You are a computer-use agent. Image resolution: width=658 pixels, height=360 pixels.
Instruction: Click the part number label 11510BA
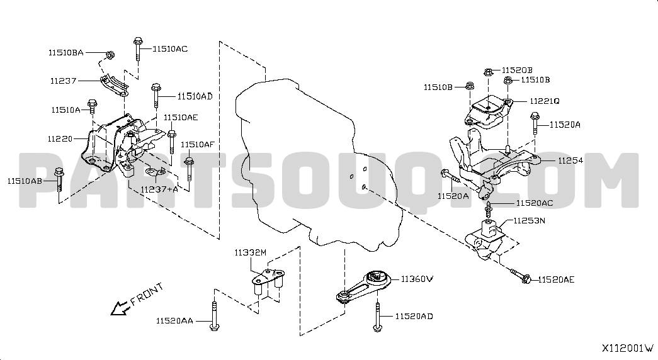point(66,52)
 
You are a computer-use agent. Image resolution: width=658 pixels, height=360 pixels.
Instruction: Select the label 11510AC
point(170,48)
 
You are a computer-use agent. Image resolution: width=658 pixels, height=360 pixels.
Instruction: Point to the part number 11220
point(60,138)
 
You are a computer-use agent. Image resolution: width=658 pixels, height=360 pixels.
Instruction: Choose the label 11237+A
point(159,189)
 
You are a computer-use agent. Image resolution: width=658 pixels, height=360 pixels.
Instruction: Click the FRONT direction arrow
point(120,308)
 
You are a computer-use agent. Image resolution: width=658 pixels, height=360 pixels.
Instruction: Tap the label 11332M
point(251,252)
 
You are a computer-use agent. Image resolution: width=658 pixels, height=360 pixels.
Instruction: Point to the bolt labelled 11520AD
point(377,317)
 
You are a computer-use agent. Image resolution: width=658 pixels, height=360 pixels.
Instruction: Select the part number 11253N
point(529,220)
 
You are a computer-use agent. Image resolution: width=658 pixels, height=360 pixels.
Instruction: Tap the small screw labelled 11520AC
point(489,208)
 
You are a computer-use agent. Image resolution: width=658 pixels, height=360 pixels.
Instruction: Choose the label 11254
point(570,160)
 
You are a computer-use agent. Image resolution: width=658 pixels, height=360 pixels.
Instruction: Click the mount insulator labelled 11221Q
point(489,111)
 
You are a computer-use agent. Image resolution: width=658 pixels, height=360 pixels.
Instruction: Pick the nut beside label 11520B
point(488,72)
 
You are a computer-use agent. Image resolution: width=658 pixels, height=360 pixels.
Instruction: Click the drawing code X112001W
point(628,348)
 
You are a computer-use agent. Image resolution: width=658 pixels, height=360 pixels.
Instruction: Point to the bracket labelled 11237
point(115,85)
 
